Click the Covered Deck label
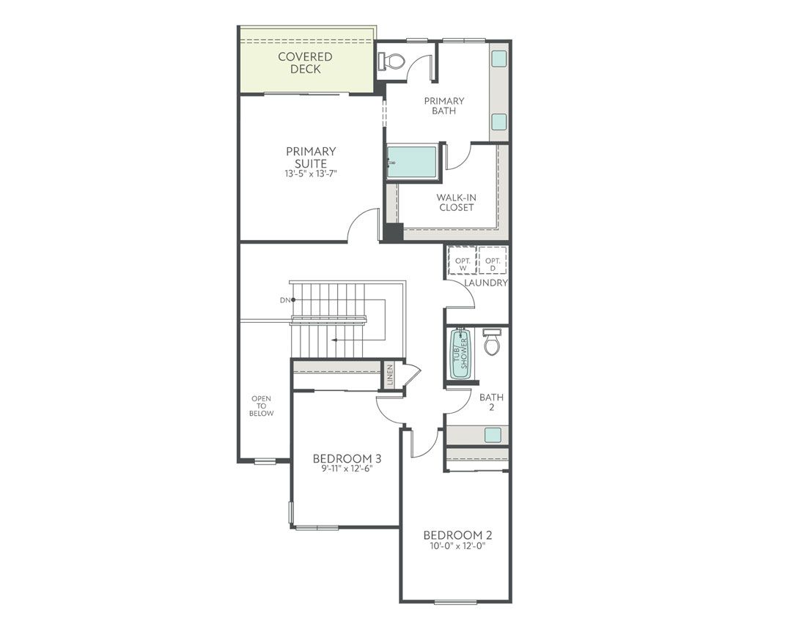point(305,63)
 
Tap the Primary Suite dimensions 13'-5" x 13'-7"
point(311,174)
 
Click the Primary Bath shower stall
point(412,162)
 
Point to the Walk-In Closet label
point(455,202)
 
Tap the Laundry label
point(485,283)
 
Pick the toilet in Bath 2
point(492,341)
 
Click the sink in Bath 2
point(493,435)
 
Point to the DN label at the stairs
point(284,300)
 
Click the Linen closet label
point(390,374)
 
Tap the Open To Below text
point(262,406)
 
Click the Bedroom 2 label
point(452,534)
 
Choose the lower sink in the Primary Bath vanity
point(499,122)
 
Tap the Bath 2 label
point(491,402)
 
